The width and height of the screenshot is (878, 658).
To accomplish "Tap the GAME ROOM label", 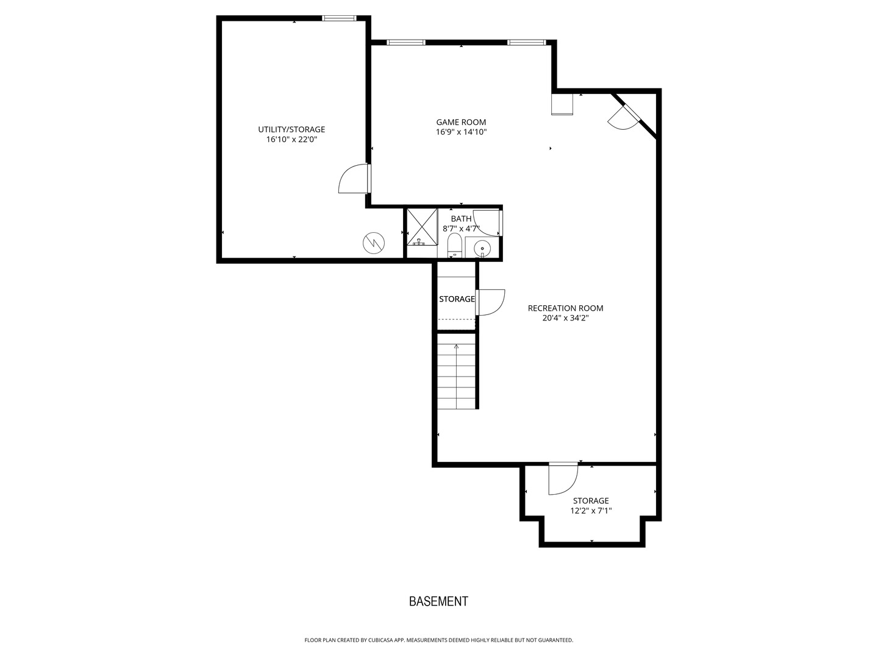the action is (461, 122).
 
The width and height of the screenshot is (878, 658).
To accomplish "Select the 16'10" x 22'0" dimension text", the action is (291, 140).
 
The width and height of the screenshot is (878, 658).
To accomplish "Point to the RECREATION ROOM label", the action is (565, 308).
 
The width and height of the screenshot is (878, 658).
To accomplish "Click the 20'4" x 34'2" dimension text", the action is (565, 318).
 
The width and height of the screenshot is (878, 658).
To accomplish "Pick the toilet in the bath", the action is (454, 246).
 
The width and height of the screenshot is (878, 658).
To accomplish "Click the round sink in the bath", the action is (482, 249).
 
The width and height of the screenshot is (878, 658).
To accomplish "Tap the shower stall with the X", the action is (422, 227).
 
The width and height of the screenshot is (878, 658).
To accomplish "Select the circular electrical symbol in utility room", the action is (374, 242).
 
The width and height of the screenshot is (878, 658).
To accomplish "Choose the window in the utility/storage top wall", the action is (339, 18).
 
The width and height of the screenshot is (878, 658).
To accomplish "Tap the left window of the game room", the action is (405, 43).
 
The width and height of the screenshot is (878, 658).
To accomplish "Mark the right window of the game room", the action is (526, 43).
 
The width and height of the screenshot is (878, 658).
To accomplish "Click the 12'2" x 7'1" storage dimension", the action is (591, 511).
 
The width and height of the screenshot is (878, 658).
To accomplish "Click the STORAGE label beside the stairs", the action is (457, 299).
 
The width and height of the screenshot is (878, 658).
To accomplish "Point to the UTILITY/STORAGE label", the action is (291, 129).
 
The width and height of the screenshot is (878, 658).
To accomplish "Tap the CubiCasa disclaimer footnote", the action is (439, 640).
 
